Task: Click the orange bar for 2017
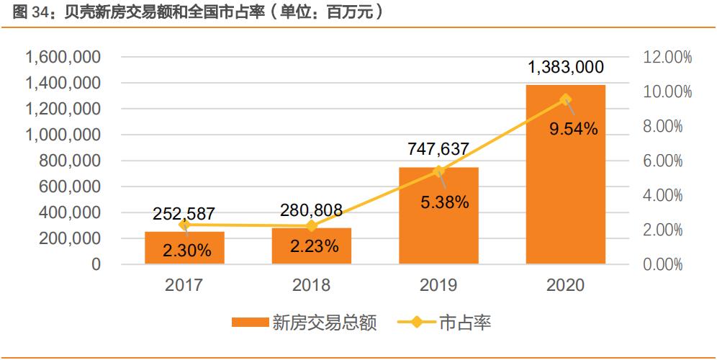184,248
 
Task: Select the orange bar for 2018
312,246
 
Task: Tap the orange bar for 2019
438,216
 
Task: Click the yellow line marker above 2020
566,99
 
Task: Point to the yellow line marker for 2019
438,171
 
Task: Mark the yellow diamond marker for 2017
184,225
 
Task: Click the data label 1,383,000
566,68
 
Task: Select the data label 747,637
438,149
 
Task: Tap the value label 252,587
184,213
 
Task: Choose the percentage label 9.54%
573,129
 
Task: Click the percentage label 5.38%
445,202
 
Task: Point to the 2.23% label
315,246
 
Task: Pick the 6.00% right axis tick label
662,161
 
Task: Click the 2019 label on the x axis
438,285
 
